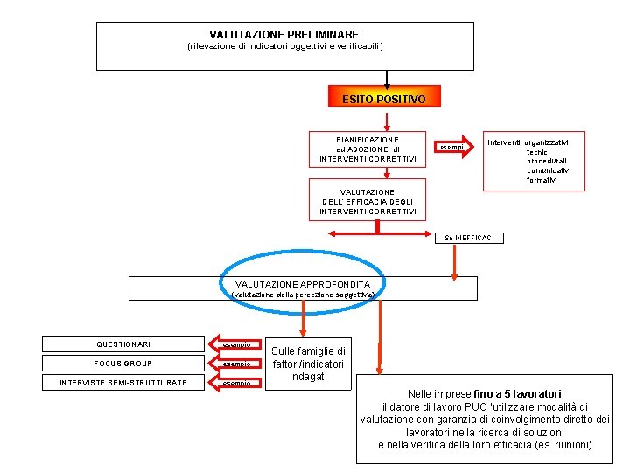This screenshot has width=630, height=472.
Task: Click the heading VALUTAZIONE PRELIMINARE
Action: click(283, 34)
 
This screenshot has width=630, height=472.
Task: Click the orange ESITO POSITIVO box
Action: click(383, 99)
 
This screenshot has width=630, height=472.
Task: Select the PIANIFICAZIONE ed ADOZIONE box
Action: click(367, 149)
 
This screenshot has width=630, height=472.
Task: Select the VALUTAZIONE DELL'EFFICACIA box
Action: click(367, 202)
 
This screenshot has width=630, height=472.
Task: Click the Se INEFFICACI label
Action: click(469, 238)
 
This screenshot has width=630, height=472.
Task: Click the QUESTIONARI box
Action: click(123, 344)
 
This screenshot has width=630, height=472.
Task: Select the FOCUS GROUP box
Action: click(123, 364)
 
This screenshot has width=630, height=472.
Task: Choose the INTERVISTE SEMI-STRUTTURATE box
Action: click(123, 383)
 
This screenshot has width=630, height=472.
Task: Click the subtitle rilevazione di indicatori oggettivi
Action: click(285, 46)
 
